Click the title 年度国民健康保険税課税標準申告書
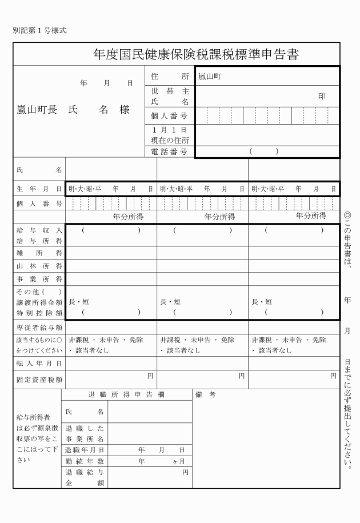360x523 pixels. tap(197, 54)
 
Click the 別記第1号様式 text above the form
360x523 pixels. tap(39, 30)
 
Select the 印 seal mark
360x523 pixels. tap(322, 96)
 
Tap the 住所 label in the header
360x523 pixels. tap(170, 76)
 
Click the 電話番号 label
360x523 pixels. tap(170, 152)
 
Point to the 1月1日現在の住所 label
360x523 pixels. tap(170, 135)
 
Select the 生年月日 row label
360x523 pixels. tap(39, 188)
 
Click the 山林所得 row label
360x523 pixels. tap(39, 266)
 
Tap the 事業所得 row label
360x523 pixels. tap(39, 279)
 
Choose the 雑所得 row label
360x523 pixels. tap(39, 253)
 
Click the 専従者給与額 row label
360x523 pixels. tap(39, 328)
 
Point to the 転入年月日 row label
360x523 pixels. tap(39, 362)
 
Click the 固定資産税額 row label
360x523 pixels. tap(39, 379)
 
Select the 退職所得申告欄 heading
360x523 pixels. tap(126, 394)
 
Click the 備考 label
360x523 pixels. tap(205, 394)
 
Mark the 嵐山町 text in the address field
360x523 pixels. tap(207, 76)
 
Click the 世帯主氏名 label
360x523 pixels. tap(170, 96)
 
